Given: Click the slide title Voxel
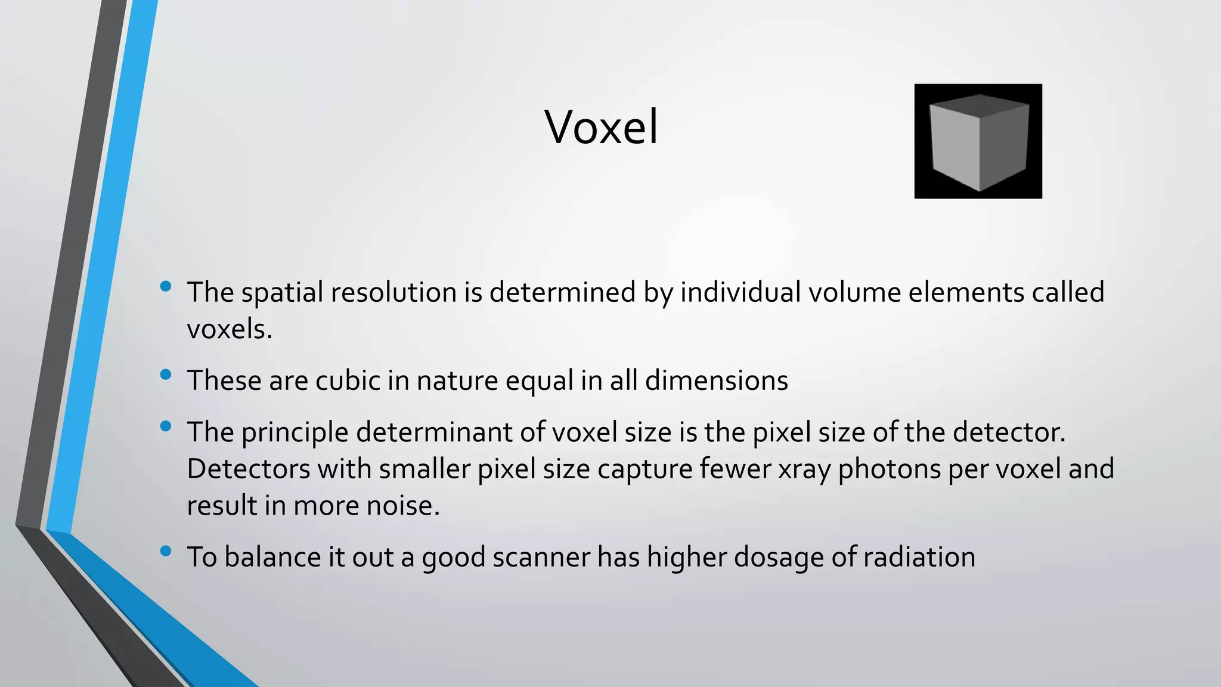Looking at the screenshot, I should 601,127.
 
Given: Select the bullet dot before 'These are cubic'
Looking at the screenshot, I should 166,375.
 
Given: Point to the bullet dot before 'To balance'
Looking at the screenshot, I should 166,551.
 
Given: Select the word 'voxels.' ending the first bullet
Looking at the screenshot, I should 230,329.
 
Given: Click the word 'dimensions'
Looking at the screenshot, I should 717,380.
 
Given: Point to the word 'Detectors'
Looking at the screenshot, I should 248,469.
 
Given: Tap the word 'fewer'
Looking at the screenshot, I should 735,469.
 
